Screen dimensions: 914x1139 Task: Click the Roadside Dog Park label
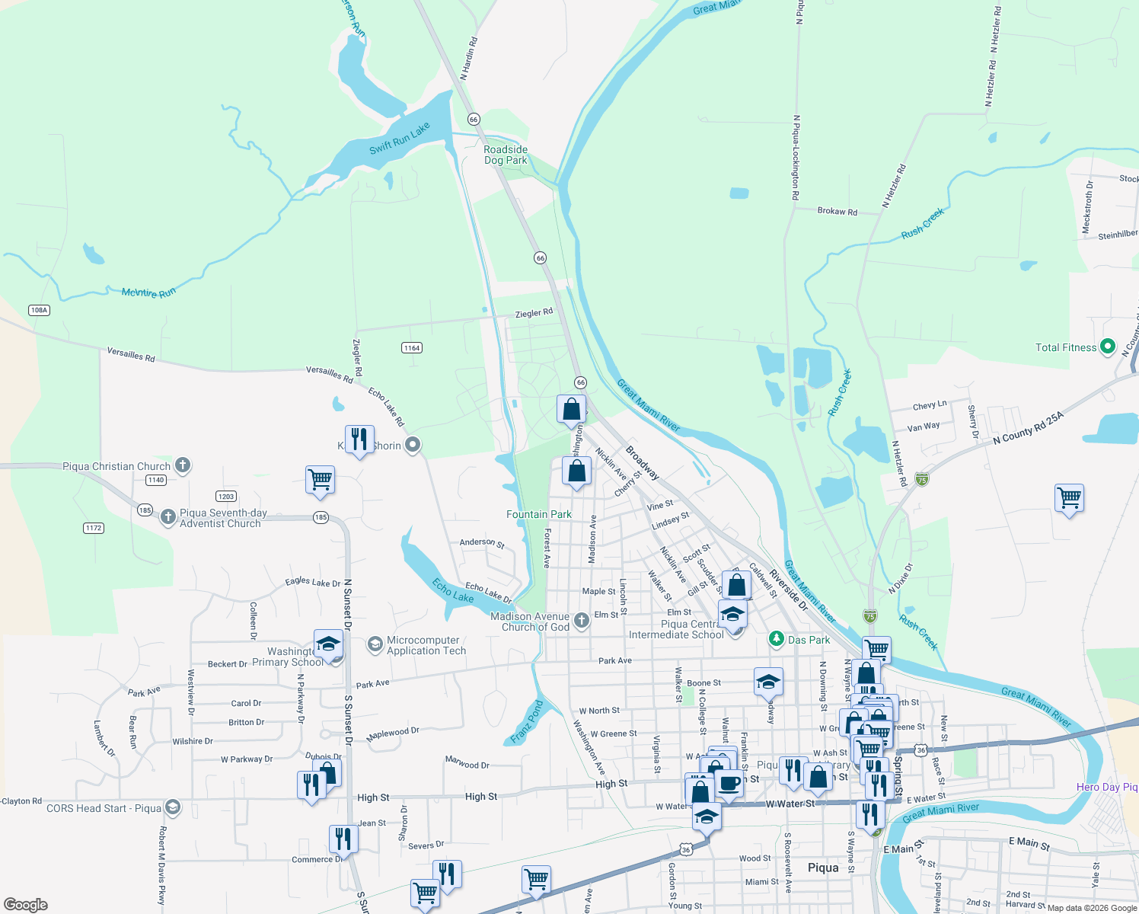point(506,155)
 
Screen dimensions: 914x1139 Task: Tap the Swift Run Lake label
point(400,139)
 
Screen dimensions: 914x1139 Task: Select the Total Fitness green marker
point(1108,347)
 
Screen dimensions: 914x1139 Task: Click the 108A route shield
point(39,310)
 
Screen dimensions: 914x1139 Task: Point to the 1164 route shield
point(412,348)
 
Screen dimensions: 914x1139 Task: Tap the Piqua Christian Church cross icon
point(182,465)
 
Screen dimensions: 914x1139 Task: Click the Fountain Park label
point(539,515)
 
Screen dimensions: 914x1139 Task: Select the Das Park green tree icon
point(776,639)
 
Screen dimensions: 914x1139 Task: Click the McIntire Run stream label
point(148,292)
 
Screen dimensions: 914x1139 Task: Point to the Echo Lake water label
point(453,590)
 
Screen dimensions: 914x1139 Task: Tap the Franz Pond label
point(526,723)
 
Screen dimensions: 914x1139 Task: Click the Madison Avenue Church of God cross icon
point(582,621)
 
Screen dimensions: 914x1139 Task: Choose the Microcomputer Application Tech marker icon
point(375,645)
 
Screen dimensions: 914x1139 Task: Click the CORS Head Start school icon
point(173,808)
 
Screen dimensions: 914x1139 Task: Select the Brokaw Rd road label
point(837,212)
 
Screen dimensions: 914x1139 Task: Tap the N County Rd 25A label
point(1028,428)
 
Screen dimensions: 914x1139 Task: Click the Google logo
point(26,905)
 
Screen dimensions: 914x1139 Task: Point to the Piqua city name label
point(823,868)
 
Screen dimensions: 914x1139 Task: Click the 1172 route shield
point(94,528)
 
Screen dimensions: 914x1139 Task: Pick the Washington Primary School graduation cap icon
point(328,644)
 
